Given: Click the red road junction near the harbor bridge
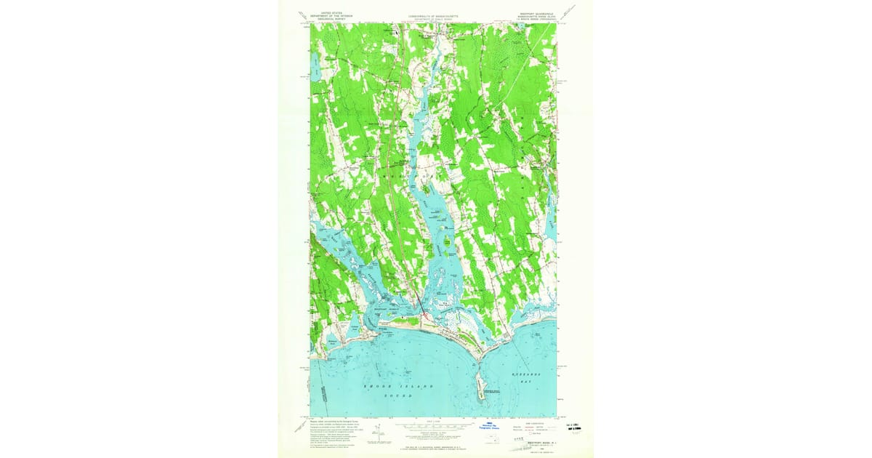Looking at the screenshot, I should tap(424, 315).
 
